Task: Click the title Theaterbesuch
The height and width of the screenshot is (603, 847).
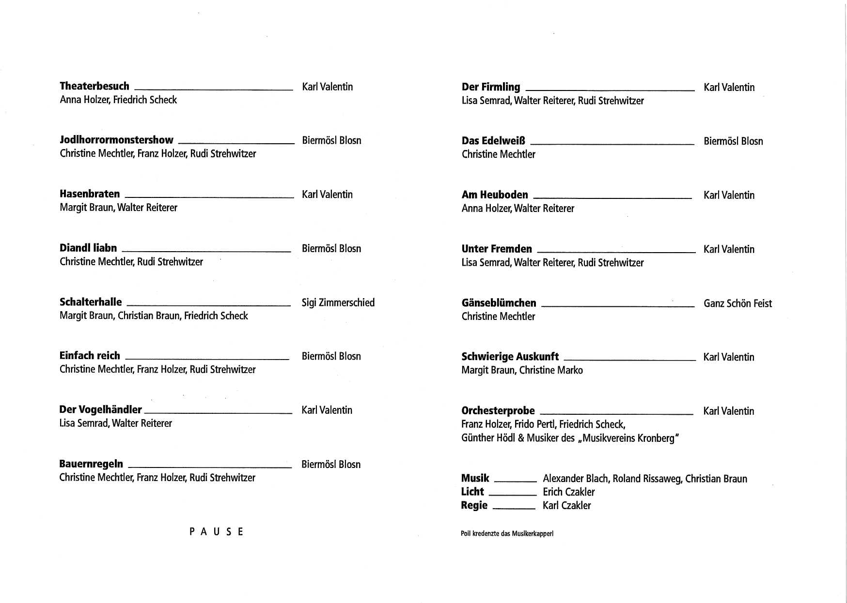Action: pos(94,86)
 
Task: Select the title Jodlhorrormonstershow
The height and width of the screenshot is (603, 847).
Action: pos(116,140)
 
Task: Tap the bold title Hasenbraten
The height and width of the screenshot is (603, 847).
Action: pos(90,194)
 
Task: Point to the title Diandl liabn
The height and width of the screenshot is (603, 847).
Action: pos(88,248)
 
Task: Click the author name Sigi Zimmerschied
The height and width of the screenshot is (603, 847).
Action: pos(338,302)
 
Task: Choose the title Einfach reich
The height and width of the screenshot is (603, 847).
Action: pos(90,356)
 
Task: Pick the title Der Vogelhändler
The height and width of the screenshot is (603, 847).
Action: pos(100,409)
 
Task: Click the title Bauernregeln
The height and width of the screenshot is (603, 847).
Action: pos(91,464)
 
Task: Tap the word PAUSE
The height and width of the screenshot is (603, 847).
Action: pos(216,532)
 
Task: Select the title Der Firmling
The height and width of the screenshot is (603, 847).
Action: pos(491,87)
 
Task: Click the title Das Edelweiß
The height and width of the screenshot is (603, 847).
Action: pos(493,141)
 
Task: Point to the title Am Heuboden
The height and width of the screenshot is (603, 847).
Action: pos(495,195)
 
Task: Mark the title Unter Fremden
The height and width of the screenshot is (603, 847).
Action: pos(497,249)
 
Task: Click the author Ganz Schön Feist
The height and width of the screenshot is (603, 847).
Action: pos(737,303)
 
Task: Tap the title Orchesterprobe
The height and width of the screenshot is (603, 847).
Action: pos(498,411)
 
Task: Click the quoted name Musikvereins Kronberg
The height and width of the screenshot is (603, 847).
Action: pos(628,438)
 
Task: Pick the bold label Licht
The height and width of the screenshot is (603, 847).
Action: pos(472,492)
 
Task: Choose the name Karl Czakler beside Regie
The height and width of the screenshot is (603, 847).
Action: pos(566,505)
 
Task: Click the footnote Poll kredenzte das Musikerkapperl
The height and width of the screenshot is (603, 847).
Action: pos(507,534)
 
